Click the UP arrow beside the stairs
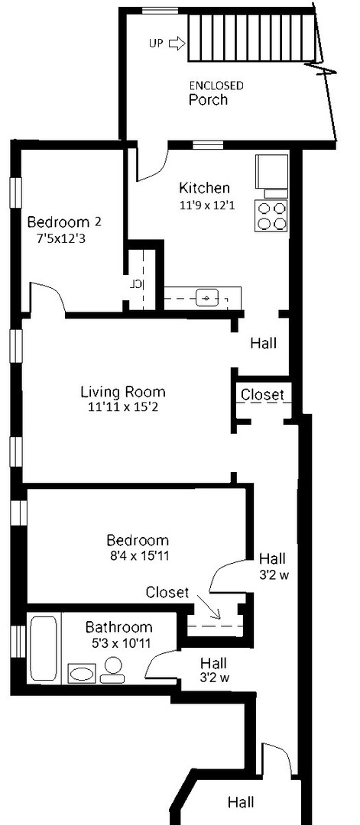point(174,44)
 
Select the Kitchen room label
point(204,188)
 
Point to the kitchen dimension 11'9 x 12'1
point(204,205)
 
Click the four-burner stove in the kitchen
point(273,215)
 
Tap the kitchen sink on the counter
point(207,297)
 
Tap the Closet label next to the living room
point(262,395)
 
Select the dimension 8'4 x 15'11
point(138,555)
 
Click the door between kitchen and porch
point(151,163)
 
